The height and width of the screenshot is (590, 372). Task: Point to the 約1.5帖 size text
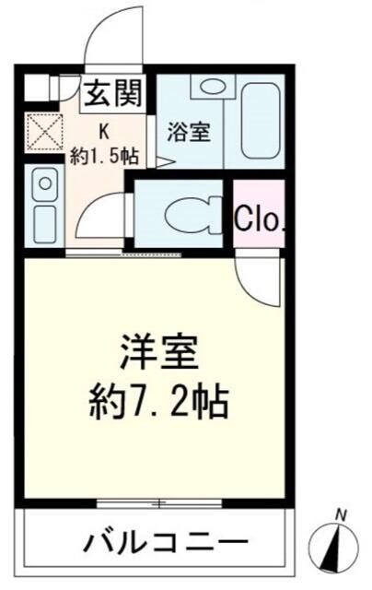click(105, 155)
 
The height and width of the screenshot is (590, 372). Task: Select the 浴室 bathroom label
click(188, 133)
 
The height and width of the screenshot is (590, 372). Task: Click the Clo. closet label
click(261, 218)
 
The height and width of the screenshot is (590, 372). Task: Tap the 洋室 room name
click(157, 351)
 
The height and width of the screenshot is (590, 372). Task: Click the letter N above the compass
click(341, 514)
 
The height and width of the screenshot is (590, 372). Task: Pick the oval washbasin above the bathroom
click(214, 88)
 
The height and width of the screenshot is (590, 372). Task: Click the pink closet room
click(260, 215)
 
